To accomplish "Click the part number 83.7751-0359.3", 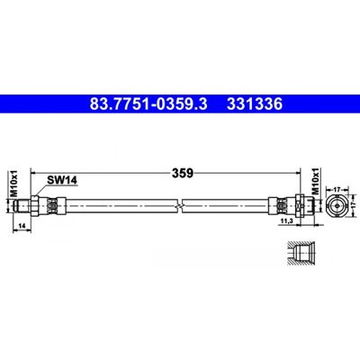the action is (x=148, y=104).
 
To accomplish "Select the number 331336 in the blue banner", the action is (x=255, y=104).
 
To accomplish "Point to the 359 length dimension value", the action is (x=182, y=173).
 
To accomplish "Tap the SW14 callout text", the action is (x=62, y=180).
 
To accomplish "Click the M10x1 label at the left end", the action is (x=14, y=184).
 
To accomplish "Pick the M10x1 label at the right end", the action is (x=315, y=182).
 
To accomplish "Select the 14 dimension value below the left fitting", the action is (x=22, y=227).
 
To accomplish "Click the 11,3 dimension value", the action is (x=285, y=221).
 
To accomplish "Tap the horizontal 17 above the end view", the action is (x=337, y=190).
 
